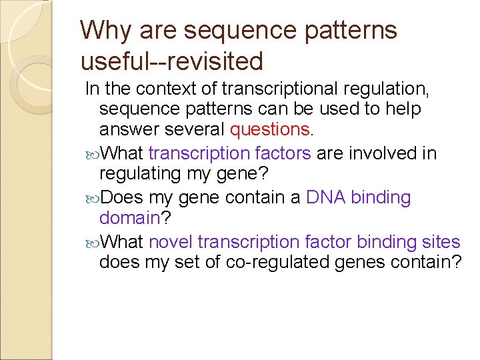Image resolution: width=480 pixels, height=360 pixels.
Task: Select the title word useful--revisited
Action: point(172,61)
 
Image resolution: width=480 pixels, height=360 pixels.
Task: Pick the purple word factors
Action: point(283,153)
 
